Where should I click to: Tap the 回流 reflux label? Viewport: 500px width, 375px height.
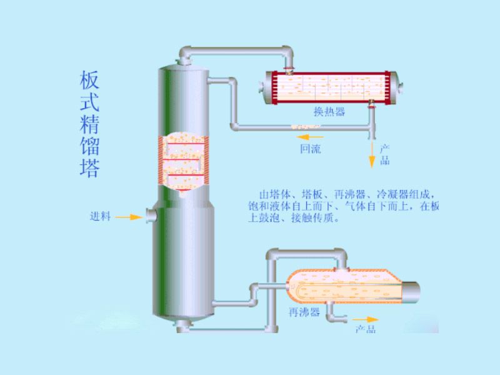tap(311, 149)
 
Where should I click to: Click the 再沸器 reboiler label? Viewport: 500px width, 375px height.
tap(304, 311)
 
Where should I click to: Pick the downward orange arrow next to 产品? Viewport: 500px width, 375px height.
tap(372, 156)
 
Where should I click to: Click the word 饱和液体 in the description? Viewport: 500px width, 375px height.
tap(267, 206)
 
